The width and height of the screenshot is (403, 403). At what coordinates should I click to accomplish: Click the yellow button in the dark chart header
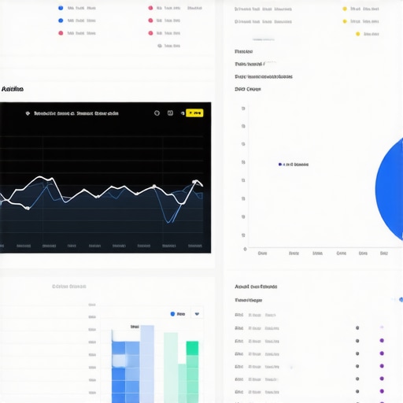pos(194,113)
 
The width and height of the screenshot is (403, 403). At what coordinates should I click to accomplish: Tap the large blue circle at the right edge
pos(391,189)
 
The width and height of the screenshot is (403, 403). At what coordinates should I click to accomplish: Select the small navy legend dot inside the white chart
pos(280,165)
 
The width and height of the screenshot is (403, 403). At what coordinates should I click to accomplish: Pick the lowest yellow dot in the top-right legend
pos(357,34)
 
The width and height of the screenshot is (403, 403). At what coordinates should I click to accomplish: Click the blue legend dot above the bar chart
pos(172,314)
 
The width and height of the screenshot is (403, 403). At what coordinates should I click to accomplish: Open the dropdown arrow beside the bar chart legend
pos(197,314)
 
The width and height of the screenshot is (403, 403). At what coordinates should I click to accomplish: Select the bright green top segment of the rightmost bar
pos(192,348)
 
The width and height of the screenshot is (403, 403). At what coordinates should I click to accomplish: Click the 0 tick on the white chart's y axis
pos(244,250)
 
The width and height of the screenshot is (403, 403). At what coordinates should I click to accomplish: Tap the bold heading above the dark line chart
pos(12,90)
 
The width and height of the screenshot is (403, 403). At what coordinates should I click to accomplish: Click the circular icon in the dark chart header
pos(158,113)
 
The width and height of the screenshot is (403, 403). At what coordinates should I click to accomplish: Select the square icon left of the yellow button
pos(170,113)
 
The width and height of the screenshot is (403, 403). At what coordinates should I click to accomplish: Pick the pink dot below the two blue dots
pos(61,34)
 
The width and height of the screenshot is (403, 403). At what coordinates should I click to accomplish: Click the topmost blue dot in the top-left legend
pos(61,8)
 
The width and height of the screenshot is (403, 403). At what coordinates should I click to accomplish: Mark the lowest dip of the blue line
pos(167,221)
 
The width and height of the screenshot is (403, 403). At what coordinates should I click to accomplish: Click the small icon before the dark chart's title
pos(28,113)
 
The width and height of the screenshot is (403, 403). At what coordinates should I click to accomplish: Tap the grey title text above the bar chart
pos(68,287)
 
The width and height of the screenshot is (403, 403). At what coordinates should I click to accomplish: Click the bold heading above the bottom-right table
pos(256,287)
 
